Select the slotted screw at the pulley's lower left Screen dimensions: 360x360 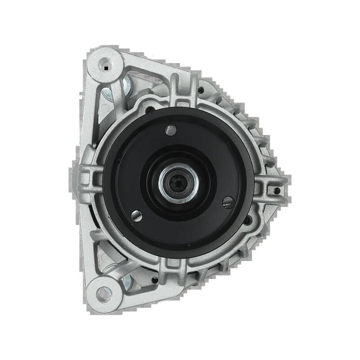(136, 216)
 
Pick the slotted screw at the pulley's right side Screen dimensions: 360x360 (228, 202)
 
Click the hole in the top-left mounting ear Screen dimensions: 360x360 (105, 64)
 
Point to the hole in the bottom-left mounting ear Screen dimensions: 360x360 (103, 294)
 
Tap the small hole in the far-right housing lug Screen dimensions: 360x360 (276, 190)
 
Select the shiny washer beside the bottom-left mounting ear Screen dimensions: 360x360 (125, 284)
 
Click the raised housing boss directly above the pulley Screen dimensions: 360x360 (181, 92)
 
